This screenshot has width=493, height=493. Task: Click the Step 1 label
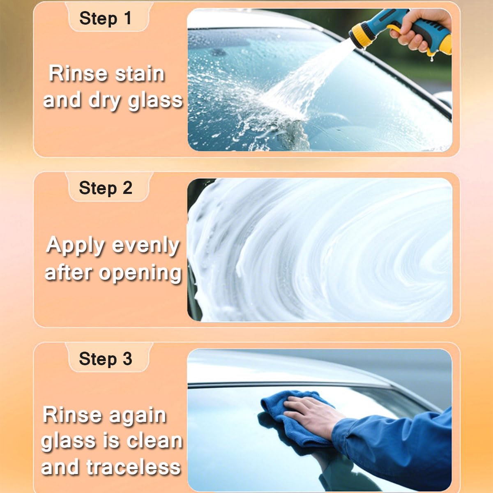click(x=105, y=18)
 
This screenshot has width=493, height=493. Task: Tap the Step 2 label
click(x=105, y=188)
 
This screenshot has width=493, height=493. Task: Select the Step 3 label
click(x=105, y=359)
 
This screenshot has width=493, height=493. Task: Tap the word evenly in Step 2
click(x=146, y=246)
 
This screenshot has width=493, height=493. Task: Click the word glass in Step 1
click(x=155, y=101)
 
